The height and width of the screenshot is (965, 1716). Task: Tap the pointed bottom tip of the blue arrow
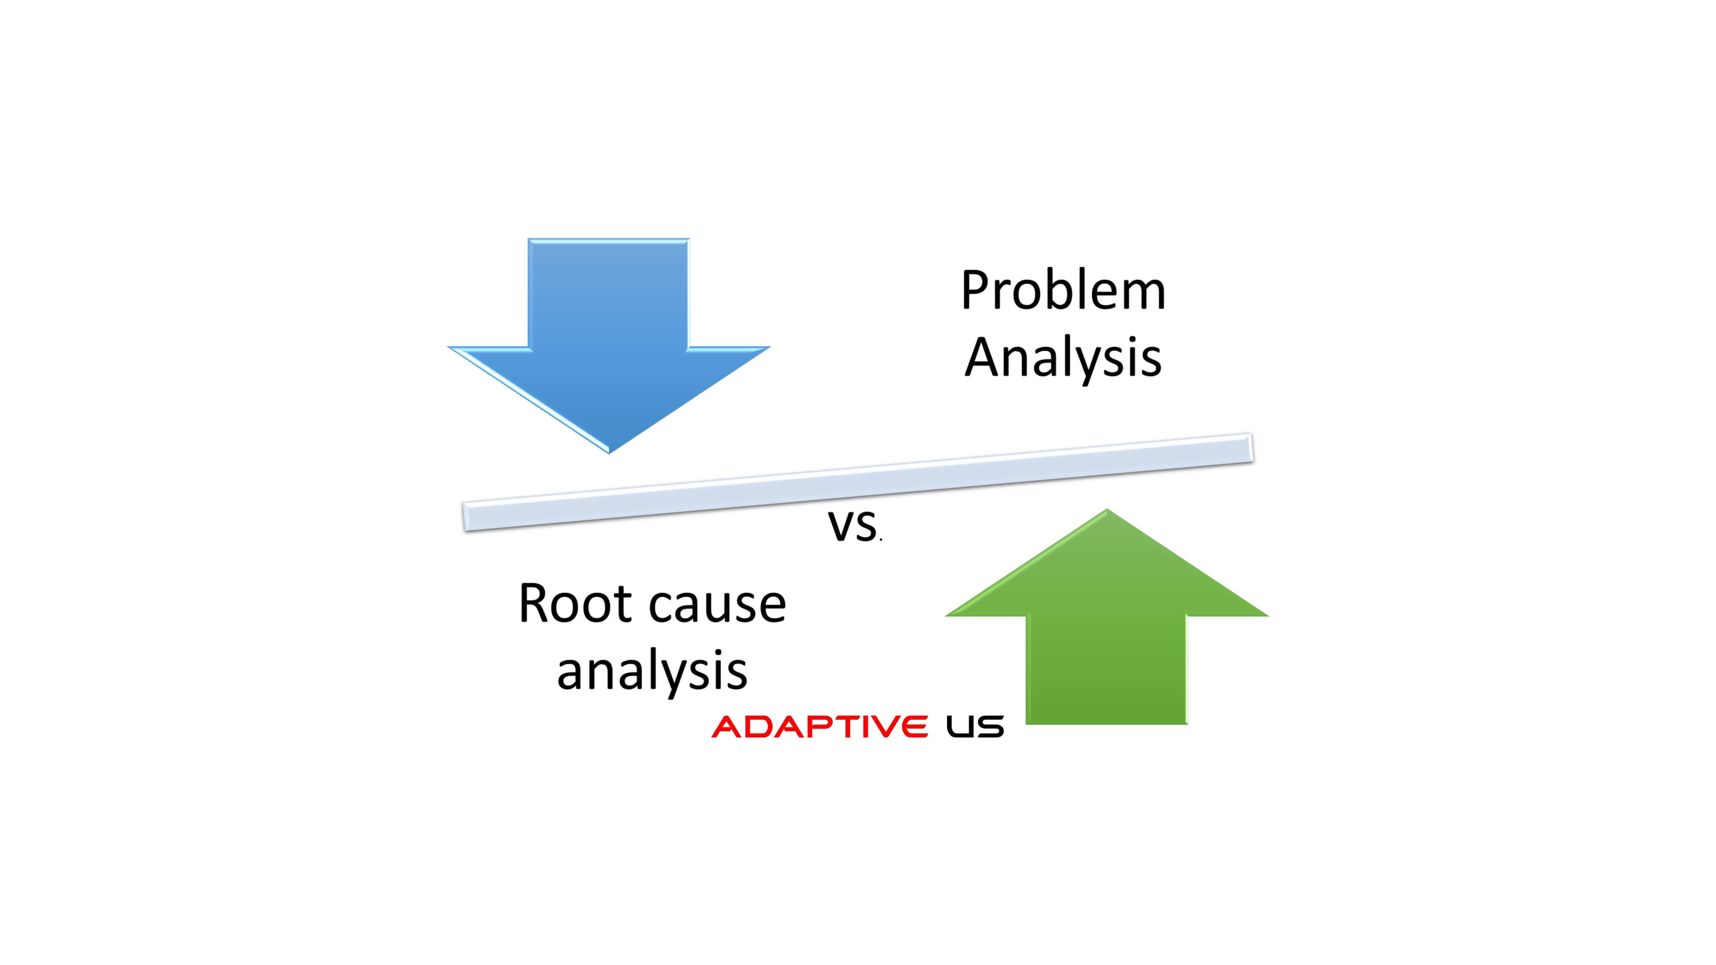tap(609, 453)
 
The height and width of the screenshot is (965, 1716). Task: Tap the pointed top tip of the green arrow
tap(1106, 510)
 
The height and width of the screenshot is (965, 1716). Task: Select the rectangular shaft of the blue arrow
tap(609, 293)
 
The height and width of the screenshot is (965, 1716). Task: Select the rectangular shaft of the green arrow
tap(1106, 670)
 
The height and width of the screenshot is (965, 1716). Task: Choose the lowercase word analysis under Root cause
tap(652, 671)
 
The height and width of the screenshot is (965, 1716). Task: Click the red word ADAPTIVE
tap(820, 727)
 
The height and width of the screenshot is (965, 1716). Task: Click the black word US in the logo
tap(975, 727)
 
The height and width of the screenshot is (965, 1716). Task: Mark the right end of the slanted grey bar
tap(1252, 447)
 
